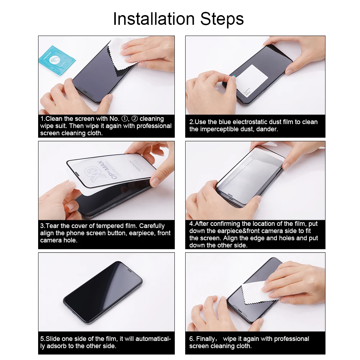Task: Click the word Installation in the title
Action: point(152,19)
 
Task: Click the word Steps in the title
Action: point(220,19)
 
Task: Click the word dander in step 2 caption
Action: point(267,129)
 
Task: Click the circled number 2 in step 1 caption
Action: point(135,119)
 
